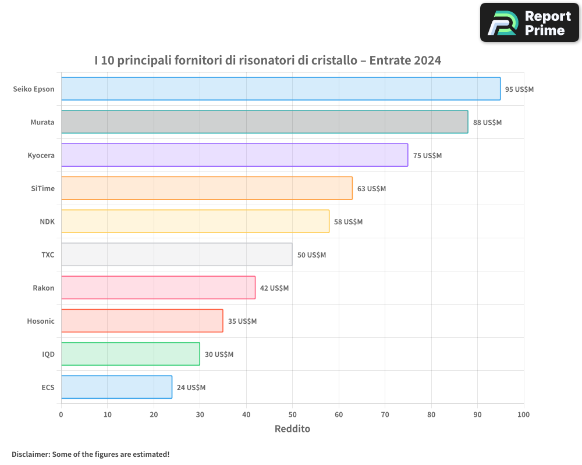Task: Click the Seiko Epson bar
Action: [x=281, y=89]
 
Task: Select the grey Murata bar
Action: [x=264, y=122]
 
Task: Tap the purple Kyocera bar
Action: [x=235, y=155]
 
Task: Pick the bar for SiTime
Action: [x=207, y=188]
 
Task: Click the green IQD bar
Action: [x=130, y=354]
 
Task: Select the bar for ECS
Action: [x=116, y=387]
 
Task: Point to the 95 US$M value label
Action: [x=519, y=90]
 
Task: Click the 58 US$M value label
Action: [x=348, y=222]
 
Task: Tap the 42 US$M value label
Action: [x=274, y=288]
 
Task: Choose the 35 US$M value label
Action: [x=242, y=321]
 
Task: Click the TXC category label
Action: [x=48, y=255]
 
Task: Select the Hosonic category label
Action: [x=41, y=321]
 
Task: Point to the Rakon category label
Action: [x=44, y=288]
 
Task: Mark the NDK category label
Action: [x=47, y=221]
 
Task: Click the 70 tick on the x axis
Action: [x=385, y=414]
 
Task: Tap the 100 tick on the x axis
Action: [x=523, y=414]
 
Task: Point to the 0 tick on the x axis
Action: [x=61, y=414]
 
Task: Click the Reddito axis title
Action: [x=292, y=429]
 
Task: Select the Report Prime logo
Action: [x=529, y=23]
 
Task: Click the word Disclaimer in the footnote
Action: [x=30, y=454]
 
